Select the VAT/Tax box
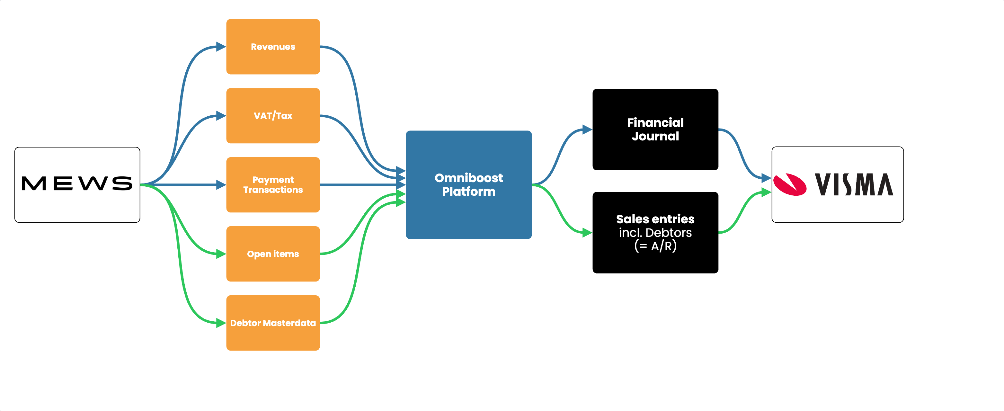[273, 116]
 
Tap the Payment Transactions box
[273, 185]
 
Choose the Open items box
[273, 254]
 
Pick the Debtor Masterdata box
[273, 323]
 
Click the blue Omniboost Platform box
[468, 185]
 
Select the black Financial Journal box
[655, 130]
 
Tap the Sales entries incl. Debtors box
[655, 232]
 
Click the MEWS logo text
[77, 184]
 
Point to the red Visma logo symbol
[790, 184]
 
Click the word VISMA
[854, 184]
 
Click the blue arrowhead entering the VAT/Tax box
[221, 116]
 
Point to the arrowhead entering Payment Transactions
[221, 185]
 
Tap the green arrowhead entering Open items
[221, 254]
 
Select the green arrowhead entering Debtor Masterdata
[221, 323]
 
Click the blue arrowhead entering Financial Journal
[587, 130]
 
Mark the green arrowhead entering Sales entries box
[587, 233]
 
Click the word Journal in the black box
[655, 137]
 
